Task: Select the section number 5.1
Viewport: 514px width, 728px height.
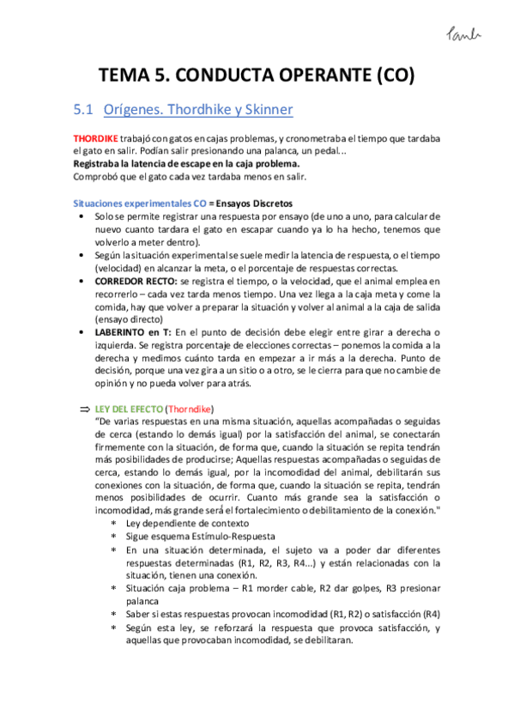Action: tap(82, 110)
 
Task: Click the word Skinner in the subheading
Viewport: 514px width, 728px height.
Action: tap(263, 110)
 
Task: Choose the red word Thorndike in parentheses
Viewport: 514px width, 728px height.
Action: tap(189, 408)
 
